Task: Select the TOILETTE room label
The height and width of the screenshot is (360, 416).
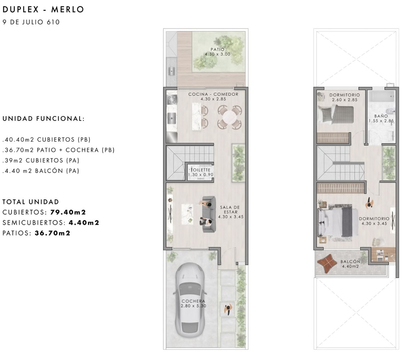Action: tap(200, 170)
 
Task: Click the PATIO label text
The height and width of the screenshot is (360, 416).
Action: tap(218, 49)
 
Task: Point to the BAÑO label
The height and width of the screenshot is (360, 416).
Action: tap(381, 116)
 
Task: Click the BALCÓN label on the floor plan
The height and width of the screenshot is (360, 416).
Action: tap(350, 262)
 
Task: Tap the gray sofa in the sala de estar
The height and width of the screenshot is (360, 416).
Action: tap(209, 214)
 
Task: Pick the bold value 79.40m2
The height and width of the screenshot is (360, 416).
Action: tap(68, 212)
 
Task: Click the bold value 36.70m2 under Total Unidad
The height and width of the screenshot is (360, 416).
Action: tap(53, 233)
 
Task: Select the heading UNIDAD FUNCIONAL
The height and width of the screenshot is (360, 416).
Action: tap(43, 119)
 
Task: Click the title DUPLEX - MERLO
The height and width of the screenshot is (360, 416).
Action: tap(43, 9)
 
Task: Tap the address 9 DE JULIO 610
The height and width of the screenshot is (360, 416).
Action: tap(31, 22)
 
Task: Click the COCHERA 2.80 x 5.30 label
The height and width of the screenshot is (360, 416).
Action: tap(193, 303)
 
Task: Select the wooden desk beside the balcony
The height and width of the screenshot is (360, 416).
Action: tap(383, 255)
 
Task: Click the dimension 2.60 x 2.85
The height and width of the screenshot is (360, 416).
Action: tap(345, 100)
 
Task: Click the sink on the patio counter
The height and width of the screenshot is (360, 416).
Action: tap(172, 71)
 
